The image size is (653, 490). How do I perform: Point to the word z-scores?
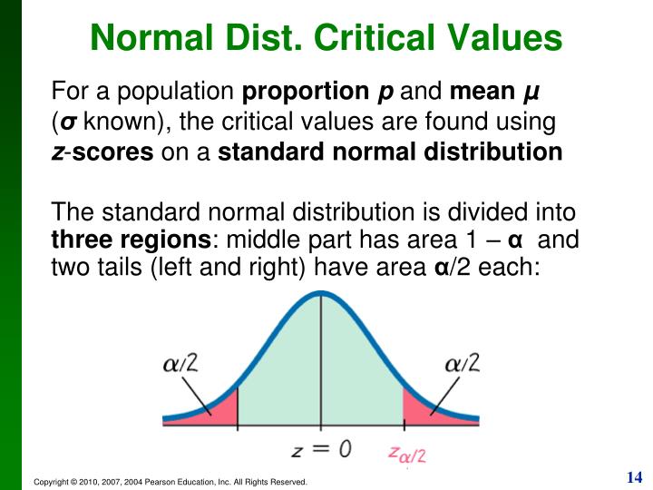[102, 152]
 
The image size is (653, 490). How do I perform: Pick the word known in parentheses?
[127, 122]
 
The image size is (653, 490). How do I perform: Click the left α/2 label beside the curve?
[180, 364]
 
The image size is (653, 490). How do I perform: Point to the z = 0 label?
[320, 447]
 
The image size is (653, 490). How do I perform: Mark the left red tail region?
[216, 410]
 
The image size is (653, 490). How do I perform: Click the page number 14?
[633, 477]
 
